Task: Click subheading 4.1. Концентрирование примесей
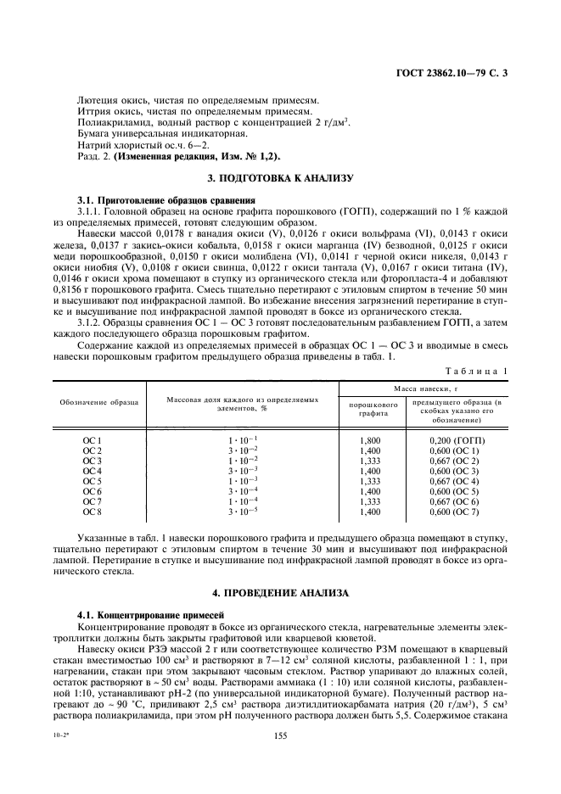(x=137, y=612)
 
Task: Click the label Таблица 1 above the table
(x=477, y=370)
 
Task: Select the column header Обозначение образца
(x=98, y=402)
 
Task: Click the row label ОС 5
(x=92, y=480)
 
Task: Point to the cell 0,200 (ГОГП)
(x=457, y=440)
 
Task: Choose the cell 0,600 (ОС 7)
(x=457, y=512)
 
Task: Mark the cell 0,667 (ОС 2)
(x=457, y=461)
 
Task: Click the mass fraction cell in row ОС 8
(x=242, y=512)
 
